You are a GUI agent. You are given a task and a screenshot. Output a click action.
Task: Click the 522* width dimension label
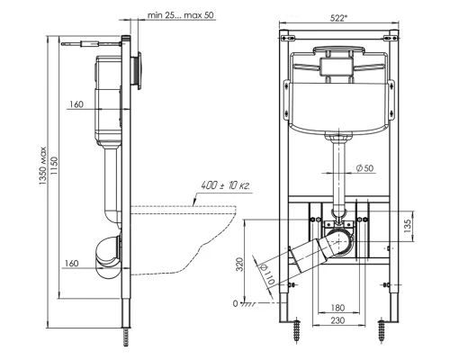pyautogui.click(x=338, y=18)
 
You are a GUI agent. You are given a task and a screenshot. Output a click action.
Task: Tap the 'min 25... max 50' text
pyautogui.click(x=181, y=15)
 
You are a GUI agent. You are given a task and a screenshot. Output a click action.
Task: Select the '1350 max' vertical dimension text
pyautogui.click(x=43, y=166)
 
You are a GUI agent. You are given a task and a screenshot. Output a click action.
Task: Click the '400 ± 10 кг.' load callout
pyautogui.click(x=225, y=185)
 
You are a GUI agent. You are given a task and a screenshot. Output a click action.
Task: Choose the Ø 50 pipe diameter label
pyautogui.click(x=365, y=168)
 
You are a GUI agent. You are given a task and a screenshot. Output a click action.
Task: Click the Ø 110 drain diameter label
pyautogui.click(x=267, y=274)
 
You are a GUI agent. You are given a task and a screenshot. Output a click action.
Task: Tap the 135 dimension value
pyautogui.click(x=408, y=225)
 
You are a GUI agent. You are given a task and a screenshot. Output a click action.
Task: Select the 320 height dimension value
pyautogui.click(x=239, y=265)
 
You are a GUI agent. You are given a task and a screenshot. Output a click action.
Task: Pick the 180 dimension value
pyautogui.click(x=337, y=308)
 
